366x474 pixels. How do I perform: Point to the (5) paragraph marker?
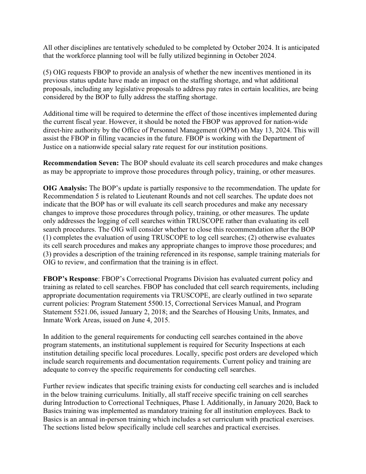click(x=48, y=72)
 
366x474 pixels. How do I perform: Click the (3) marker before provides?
click(x=48, y=254)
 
